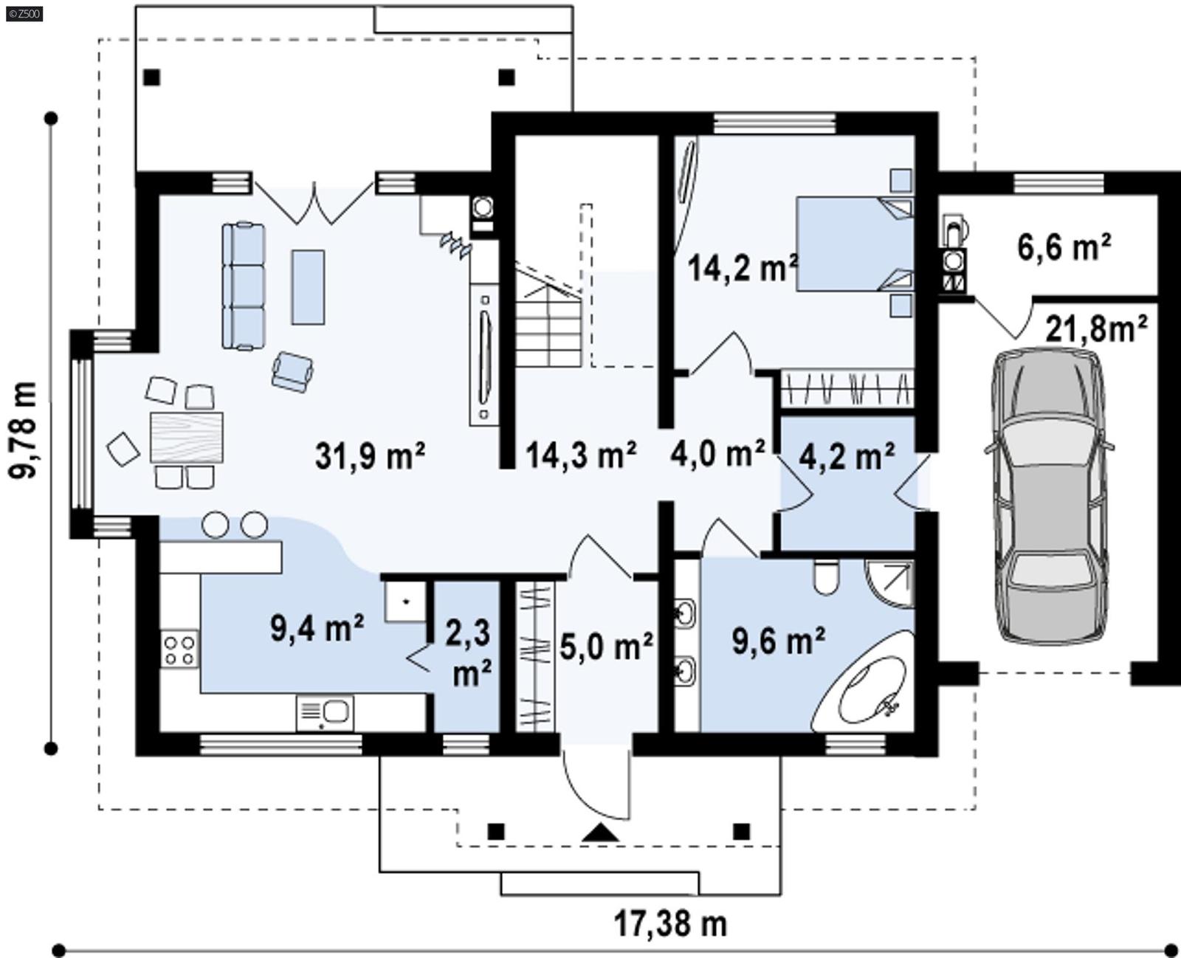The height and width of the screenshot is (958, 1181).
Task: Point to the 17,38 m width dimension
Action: click(670, 923)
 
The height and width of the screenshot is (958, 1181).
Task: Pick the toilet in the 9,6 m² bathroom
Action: click(827, 576)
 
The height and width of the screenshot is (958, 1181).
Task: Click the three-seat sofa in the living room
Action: click(244, 286)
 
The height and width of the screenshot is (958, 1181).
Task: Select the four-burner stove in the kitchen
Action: click(179, 649)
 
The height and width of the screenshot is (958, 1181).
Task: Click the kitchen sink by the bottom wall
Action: click(326, 713)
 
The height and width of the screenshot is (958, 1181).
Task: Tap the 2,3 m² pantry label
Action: click(468, 652)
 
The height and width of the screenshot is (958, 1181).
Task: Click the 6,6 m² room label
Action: click(1064, 247)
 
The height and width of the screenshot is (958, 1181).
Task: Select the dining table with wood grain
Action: click(186, 438)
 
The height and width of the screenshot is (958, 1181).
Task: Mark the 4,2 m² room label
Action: click(847, 457)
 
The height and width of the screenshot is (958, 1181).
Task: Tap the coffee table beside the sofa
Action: click(308, 286)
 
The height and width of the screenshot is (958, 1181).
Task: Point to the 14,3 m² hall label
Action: click(580, 455)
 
